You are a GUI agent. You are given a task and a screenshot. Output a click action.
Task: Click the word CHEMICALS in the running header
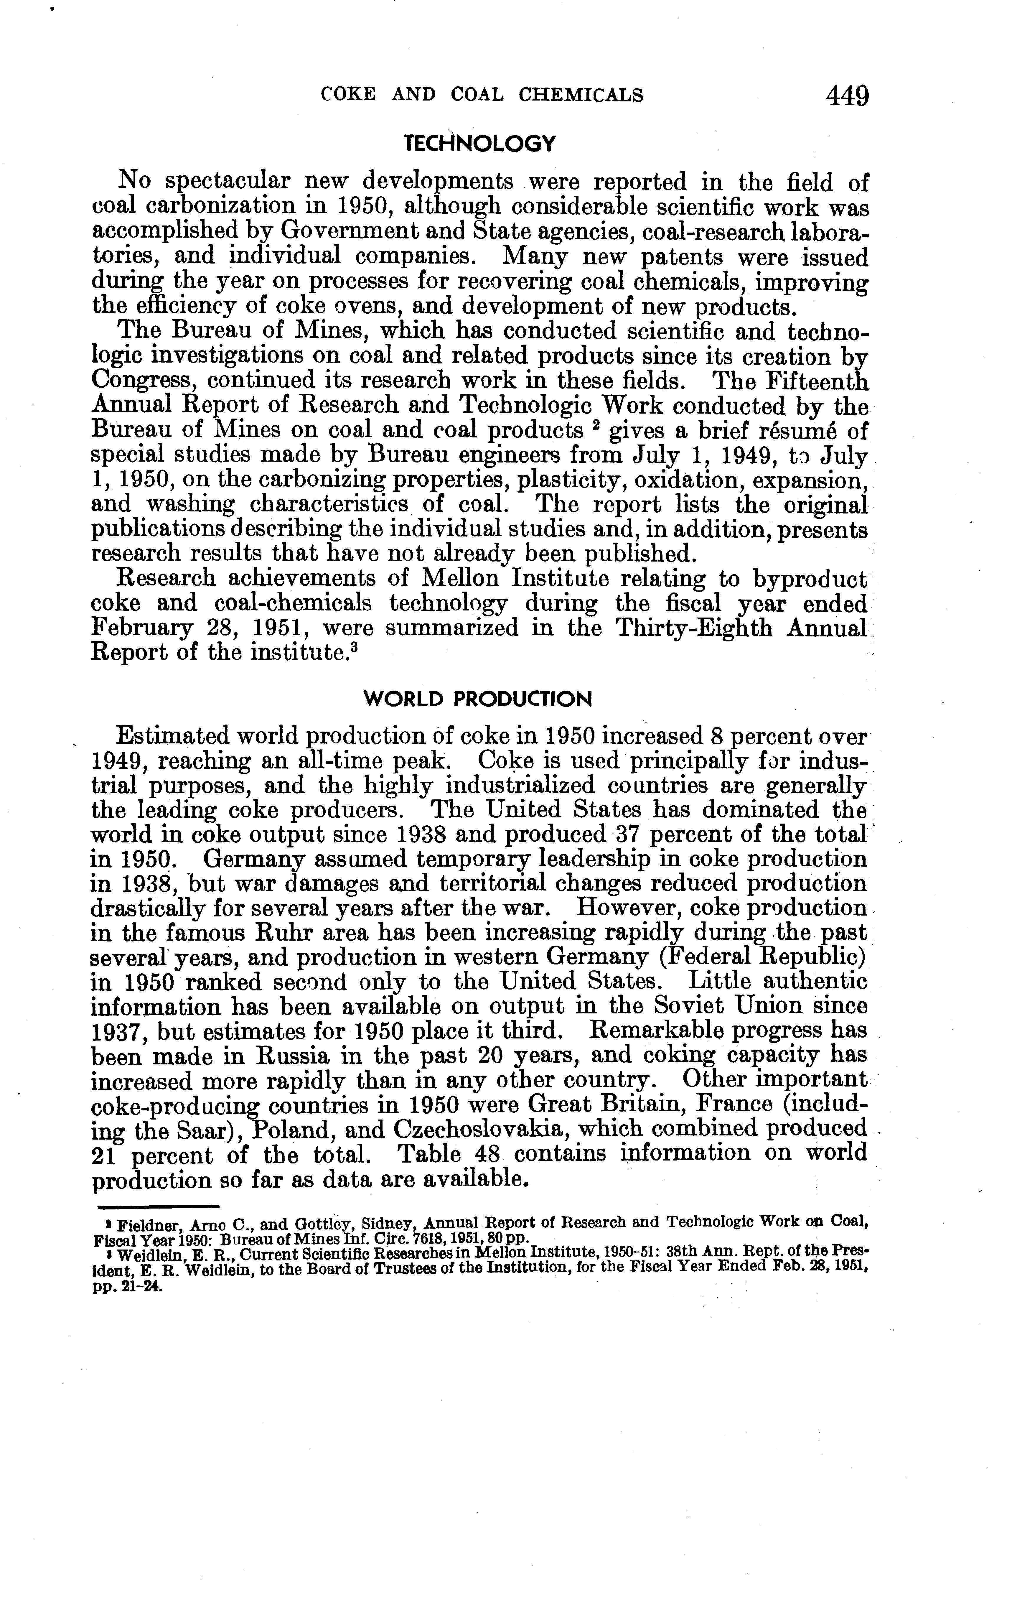click(580, 96)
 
